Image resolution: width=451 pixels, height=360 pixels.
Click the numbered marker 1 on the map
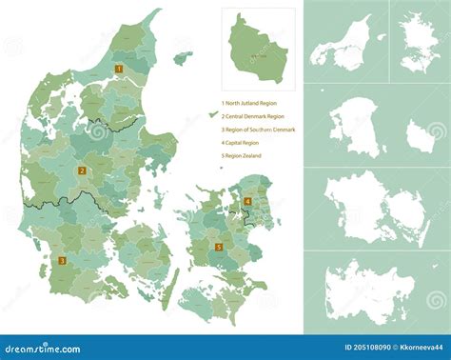pyautogui.click(x=119, y=69)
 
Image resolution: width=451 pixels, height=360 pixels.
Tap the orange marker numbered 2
pyautogui.click(x=83, y=171)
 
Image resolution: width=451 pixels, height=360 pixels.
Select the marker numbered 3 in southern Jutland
pyautogui.click(x=63, y=260)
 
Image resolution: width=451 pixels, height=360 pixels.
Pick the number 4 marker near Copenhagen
pyautogui.click(x=246, y=201)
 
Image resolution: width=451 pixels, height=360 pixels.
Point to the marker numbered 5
pyautogui.click(x=218, y=248)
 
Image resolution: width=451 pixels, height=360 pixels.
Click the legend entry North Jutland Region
pyautogui.click(x=250, y=102)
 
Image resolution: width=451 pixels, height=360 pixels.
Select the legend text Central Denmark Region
pyautogui.click(x=252, y=115)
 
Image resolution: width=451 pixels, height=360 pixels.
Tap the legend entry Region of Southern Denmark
pyautogui.click(x=258, y=129)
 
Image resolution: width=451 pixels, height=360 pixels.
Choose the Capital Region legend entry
pyautogui.click(x=242, y=142)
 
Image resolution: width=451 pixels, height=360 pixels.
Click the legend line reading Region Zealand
pyautogui.click(x=243, y=155)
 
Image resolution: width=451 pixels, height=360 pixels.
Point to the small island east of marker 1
pyautogui.click(x=182, y=57)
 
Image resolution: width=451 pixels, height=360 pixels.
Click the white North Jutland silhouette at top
pyautogui.click(x=345, y=43)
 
